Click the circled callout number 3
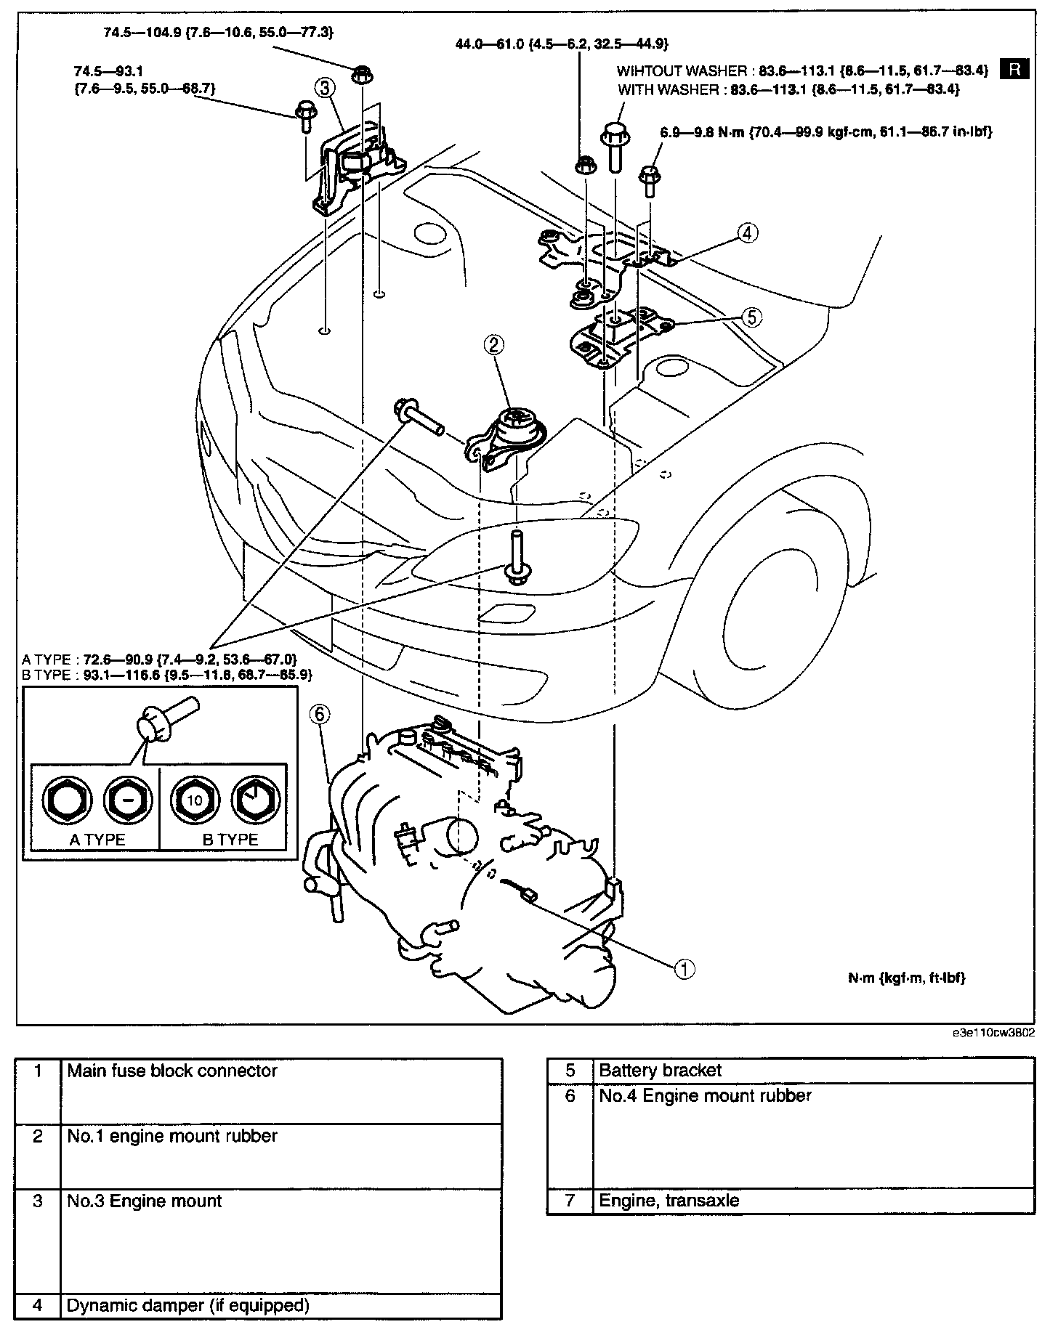[325, 88]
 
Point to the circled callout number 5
[751, 317]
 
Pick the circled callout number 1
[685, 968]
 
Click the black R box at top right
[1014, 69]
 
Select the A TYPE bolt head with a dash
[127, 800]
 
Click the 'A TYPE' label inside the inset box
[97, 840]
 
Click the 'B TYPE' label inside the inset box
[230, 840]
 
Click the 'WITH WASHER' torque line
[788, 89]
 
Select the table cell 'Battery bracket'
[661, 1071]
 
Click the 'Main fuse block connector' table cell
[172, 1071]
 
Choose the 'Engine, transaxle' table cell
[669, 1201]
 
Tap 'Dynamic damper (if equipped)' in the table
[188, 1305]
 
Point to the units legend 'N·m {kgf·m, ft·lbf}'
[907, 978]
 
